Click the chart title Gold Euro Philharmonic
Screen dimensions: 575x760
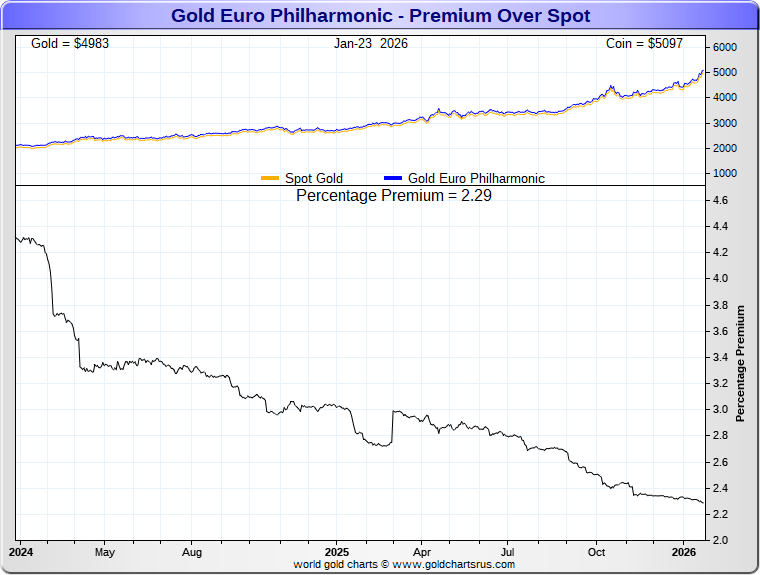pos(380,16)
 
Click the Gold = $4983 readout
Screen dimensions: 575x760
pos(70,44)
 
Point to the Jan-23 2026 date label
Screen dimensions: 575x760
pos(371,44)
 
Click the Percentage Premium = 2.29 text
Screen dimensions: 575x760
pos(394,196)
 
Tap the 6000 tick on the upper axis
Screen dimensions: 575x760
pos(724,47)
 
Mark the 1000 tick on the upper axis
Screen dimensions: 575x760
pos(724,173)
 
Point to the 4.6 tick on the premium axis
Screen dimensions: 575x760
pos(721,201)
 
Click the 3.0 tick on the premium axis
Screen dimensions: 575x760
pos(721,409)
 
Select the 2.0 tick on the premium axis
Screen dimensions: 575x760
pos(721,540)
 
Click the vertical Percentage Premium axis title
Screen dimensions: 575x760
pos(741,364)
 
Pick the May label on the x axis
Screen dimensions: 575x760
pos(105,551)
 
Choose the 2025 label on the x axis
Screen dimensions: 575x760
pos(337,551)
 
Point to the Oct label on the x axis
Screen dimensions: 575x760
pos(597,551)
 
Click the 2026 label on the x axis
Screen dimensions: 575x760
pos(683,551)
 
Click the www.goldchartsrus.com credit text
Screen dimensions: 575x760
pos(404,564)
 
